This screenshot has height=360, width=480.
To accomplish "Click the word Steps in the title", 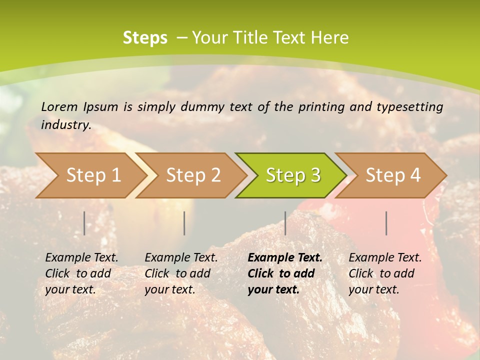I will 145,38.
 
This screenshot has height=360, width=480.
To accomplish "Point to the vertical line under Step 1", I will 84,223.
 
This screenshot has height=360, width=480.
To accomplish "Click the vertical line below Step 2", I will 184,223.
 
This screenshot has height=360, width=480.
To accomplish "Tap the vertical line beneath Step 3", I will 285,223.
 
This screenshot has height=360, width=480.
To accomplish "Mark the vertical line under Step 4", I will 386,223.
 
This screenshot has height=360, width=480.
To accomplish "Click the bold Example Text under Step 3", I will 285,273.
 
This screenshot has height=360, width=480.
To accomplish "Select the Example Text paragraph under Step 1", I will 81,273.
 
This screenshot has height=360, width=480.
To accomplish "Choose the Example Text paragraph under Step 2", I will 181,273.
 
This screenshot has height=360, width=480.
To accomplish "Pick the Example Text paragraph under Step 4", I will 385,273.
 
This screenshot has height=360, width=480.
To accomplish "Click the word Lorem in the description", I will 59,107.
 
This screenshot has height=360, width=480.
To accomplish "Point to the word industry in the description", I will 66,124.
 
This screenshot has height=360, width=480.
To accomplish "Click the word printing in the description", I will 320,107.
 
